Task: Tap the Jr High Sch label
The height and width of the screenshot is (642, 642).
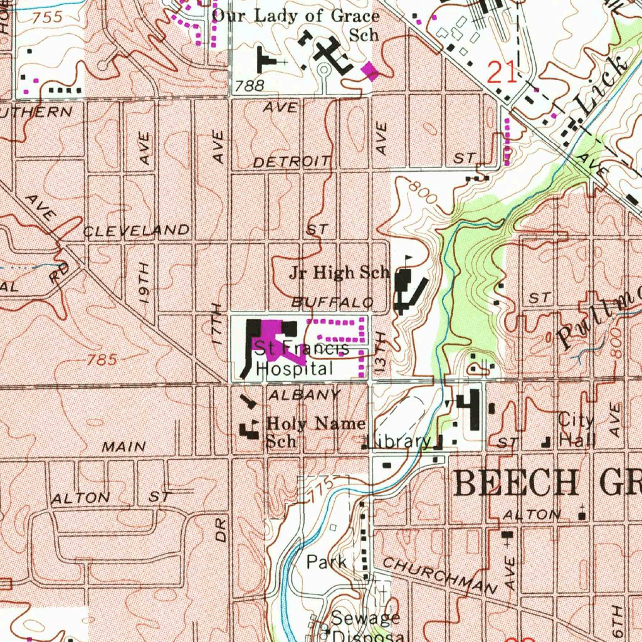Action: click(339, 273)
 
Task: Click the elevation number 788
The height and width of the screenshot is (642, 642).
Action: click(250, 86)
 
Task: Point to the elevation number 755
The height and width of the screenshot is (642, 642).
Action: click(48, 17)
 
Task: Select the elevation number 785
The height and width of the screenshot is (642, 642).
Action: click(102, 360)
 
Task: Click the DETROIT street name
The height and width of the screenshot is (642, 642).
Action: click(292, 162)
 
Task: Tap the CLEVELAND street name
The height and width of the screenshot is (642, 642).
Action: click(136, 231)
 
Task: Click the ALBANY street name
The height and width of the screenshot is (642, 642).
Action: click(304, 395)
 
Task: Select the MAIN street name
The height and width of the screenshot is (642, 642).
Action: click(124, 447)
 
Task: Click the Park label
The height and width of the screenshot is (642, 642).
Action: click(327, 562)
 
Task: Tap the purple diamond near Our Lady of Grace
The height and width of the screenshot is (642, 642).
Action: click(371, 71)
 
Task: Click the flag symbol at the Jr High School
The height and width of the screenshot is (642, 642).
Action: click(409, 259)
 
